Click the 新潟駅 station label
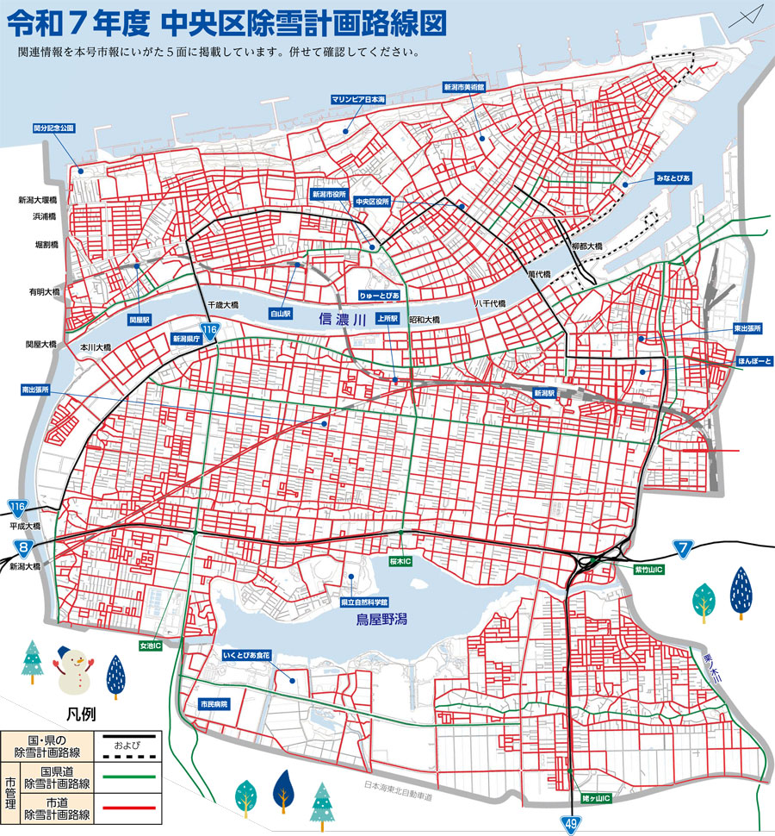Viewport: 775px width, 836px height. coord(545,393)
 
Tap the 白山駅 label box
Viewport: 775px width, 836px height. coord(282,314)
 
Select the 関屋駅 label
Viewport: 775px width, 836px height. coord(139,319)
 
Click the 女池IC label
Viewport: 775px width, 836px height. coord(151,644)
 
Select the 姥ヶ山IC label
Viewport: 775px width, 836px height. coord(596,799)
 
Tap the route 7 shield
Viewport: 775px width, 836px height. coord(683,547)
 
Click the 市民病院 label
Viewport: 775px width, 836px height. coord(214,704)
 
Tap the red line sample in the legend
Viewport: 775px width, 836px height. coord(128,809)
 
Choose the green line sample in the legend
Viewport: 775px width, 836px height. coord(128,777)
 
